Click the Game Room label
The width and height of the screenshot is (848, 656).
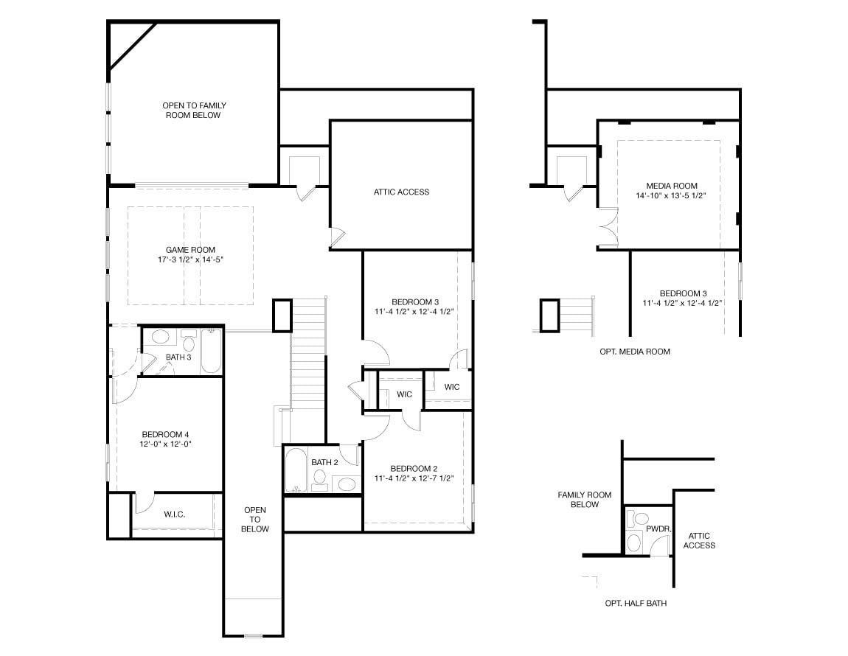point(190,250)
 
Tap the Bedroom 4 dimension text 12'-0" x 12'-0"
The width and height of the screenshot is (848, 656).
point(166,444)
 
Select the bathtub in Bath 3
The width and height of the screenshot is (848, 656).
point(211,351)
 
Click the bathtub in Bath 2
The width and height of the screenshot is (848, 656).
point(295,470)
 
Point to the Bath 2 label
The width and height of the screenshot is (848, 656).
point(324,462)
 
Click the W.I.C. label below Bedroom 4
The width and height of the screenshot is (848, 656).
point(175,514)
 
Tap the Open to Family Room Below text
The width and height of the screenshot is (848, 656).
point(194,111)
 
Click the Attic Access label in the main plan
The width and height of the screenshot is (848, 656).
point(401,192)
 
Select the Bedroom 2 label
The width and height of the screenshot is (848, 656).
point(414,468)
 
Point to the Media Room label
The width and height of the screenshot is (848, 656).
point(672,186)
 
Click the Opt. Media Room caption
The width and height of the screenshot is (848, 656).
point(635,352)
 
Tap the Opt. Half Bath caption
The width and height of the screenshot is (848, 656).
point(636,603)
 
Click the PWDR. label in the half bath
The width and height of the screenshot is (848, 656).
point(658,529)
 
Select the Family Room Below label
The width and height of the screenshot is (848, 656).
point(585,500)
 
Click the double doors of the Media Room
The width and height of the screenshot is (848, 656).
point(608,228)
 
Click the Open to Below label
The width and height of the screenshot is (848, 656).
point(254,519)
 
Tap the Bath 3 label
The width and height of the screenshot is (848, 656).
point(178,357)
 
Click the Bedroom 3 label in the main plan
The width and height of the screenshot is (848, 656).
point(415,301)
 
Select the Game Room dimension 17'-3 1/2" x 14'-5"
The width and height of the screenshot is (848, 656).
point(190,259)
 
